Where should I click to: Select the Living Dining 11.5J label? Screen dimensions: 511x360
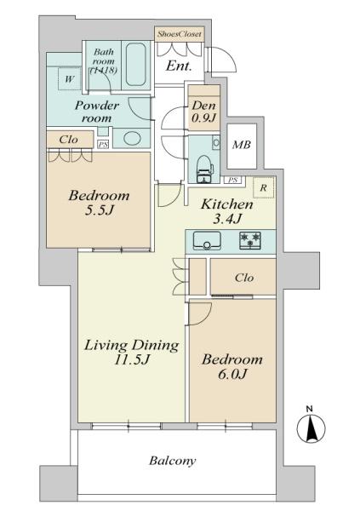[x=130, y=353]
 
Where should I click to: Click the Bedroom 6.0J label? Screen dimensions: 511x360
[x=231, y=368]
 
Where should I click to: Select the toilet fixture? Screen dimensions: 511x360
[x=204, y=167]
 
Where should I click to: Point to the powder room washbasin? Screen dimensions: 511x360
[x=130, y=138]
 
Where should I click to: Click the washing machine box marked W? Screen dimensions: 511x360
[x=67, y=80]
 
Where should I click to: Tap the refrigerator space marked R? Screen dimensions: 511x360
[x=265, y=188]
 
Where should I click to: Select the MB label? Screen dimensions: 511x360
[x=243, y=144]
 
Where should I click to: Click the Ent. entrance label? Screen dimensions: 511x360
[x=179, y=65]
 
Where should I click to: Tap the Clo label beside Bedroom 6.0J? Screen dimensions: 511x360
[x=244, y=277]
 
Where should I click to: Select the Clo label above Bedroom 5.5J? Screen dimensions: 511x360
[x=70, y=140]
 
